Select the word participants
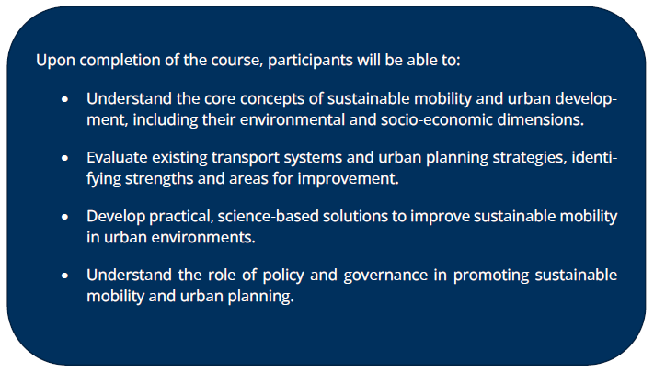[x=310, y=61]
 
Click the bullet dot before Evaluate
[x=64, y=158]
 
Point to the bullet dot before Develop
[x=64, y=217]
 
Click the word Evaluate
[x=117, y=158]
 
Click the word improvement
[x=348, y=179]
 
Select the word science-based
[x=268, y=217]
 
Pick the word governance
[x=385, y=276]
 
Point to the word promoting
[x=491, y=276]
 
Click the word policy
[x=283, y=276]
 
